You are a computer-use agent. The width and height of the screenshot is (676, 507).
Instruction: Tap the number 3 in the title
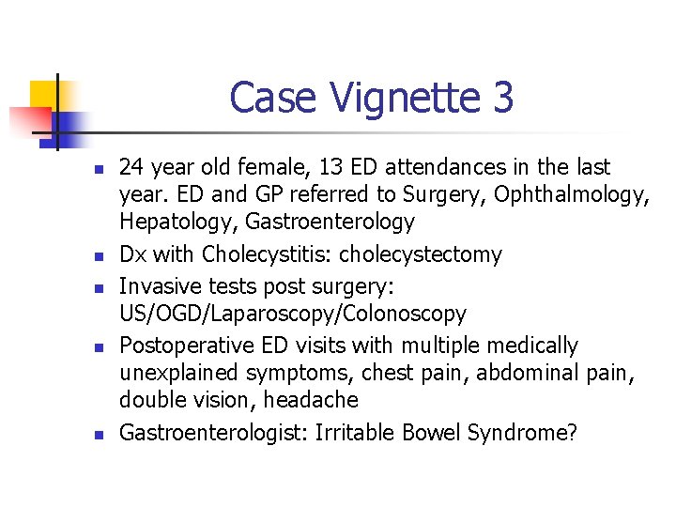point(501,98)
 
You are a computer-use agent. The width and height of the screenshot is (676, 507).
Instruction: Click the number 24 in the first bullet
point(131,168)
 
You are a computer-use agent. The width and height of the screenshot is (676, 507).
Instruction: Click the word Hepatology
point(167,223)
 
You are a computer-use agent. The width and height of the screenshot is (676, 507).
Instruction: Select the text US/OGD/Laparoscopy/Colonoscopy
point(292,314)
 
